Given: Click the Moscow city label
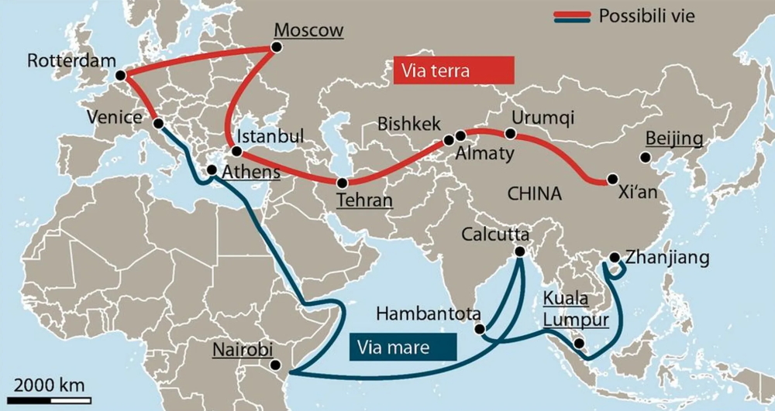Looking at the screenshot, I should (x=308, y=31).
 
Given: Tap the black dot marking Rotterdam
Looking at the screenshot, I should (x=120, y=75).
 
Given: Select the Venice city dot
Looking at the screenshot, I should (x=157, y=124).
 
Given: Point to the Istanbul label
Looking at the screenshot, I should (x=270, y=135).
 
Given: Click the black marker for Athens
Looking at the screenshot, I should (x=211, y=170).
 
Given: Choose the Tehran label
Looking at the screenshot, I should (x=364, y=200).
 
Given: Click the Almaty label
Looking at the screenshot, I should (x=484, y=153).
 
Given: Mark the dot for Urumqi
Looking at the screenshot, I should (x=510, y=133).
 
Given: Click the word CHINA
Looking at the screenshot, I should (x=534, y=194).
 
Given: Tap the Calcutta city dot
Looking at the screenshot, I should (x=519, y=251).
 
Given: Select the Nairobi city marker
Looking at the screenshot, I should (x=274, y=365).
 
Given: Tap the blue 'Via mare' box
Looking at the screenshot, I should (x=402, y=347).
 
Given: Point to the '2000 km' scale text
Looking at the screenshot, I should (x=49, y=385).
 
